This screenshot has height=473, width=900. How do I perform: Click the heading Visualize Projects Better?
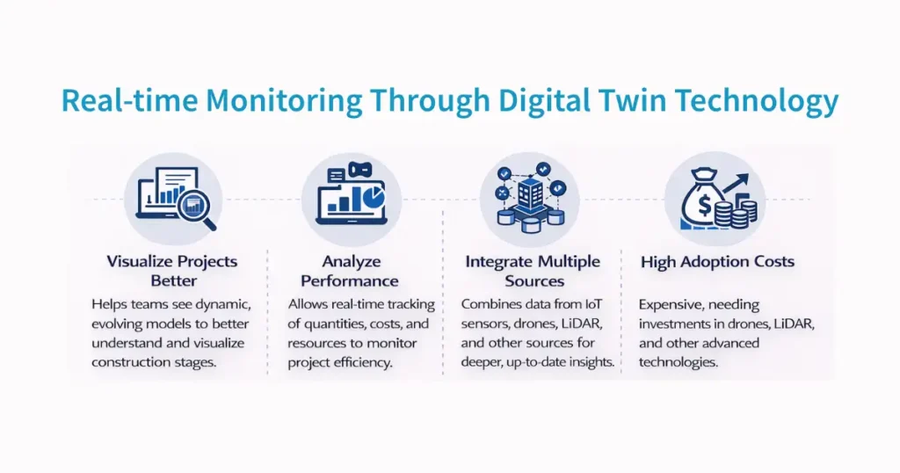172,270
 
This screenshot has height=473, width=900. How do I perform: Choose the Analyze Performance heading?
350,271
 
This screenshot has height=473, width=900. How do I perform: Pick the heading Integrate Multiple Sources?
533,271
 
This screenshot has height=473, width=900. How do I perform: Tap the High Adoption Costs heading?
717,261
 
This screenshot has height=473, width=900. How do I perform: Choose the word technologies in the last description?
681,361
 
